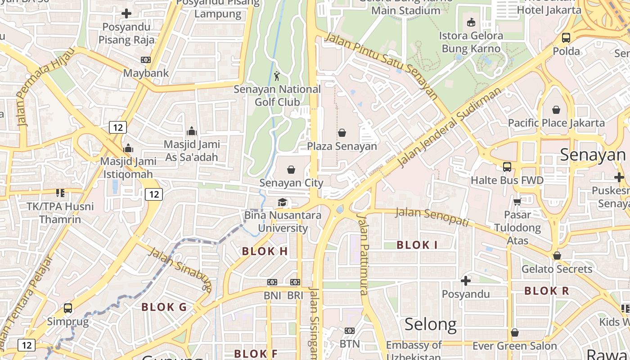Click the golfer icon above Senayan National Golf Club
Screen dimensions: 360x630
pos(277,76)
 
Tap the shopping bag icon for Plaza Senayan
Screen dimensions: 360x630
pos(342,133)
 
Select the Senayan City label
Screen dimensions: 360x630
pos(291,183)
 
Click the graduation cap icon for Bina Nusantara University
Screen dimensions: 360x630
pos(283,202)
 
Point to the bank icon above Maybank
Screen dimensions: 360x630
pos(146,59)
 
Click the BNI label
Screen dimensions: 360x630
pos(272,296)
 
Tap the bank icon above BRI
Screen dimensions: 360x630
pos(295,282)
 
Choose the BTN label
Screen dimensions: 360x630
pos(350,344)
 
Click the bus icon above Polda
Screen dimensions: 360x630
pos(566,38)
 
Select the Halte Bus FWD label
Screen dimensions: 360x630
pos(507,180)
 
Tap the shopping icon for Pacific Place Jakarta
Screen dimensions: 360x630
pos(556,110)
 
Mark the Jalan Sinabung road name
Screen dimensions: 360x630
pos(180,269)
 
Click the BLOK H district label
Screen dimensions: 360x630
pos(265,252)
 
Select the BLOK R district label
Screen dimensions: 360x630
pos(547,291)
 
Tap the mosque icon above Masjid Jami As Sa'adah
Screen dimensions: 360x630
pos(192,131)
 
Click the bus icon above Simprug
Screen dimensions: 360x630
pos(68,308)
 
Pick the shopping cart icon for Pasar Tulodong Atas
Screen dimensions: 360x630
pos(517,202)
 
